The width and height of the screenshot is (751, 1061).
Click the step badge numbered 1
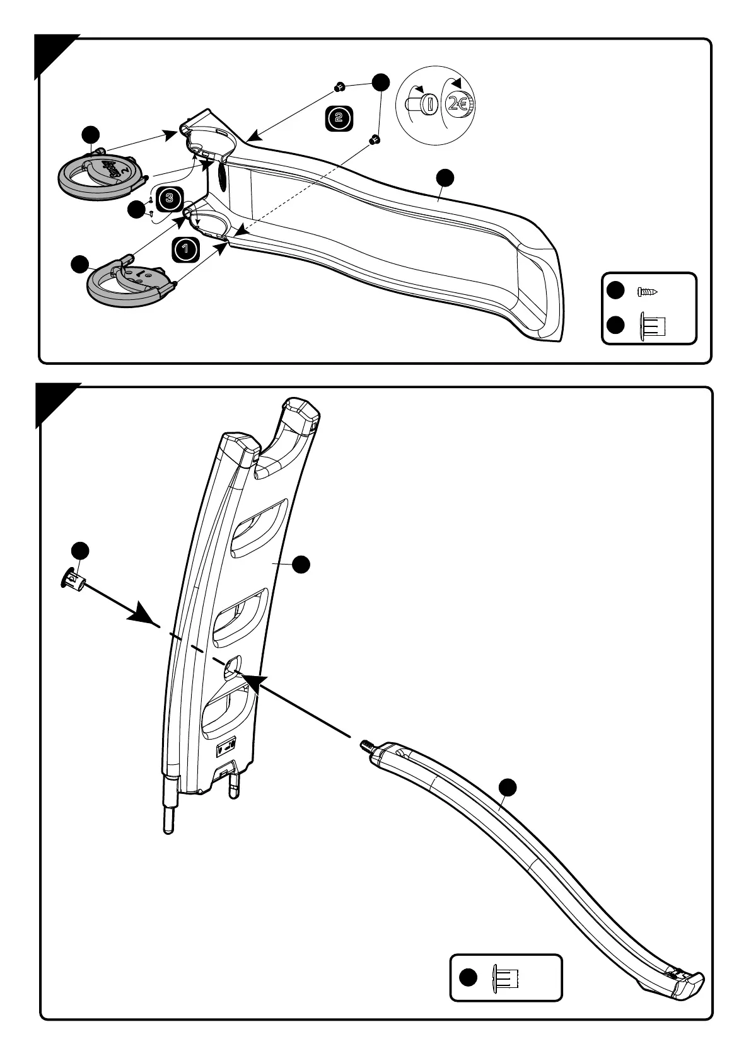(185, 249)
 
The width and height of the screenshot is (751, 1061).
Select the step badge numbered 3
(169, 198)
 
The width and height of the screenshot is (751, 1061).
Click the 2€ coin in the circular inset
(458, 105)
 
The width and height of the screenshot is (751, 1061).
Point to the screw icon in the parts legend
(648, 291)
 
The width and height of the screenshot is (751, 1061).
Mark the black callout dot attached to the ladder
(301, 565)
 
